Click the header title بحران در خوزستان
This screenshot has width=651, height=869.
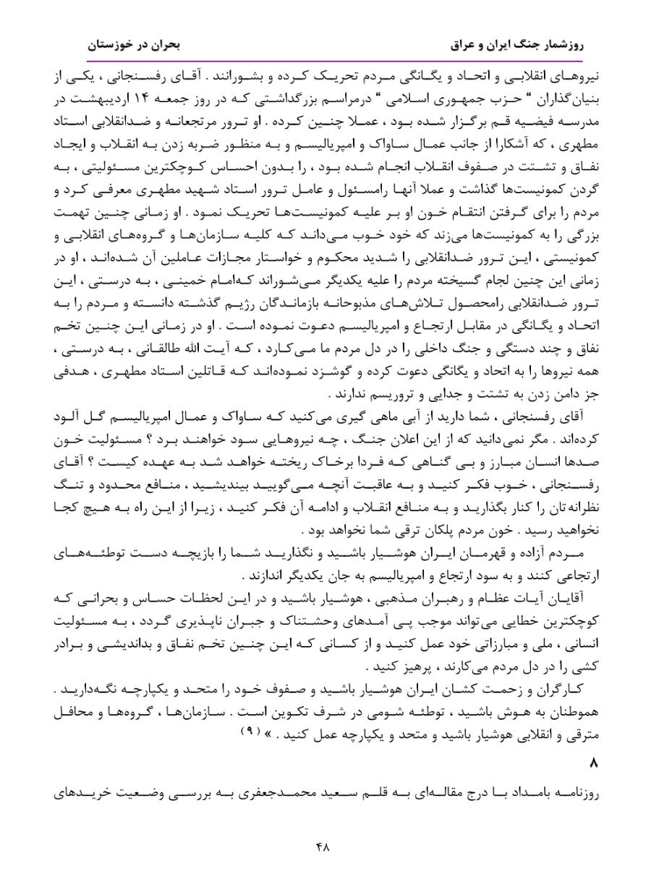pyautogui.click(x=134, y=45)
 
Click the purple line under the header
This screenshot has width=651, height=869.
pyautogui.click(x=325, y=62)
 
